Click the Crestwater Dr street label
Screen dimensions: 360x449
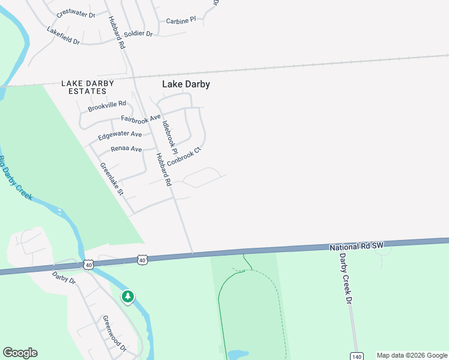click(76, 14)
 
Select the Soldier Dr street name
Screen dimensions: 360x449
click(139, 34)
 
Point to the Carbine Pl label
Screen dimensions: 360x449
click(181, 20)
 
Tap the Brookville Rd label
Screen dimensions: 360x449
click(107, 106)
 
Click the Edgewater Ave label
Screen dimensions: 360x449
click(120, 134)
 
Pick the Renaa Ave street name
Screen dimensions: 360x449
click(126, 149)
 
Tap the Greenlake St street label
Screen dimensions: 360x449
click(112, 179)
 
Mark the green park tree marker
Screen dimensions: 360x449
click(127, 296)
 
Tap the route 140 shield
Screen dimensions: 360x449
click(358, 356)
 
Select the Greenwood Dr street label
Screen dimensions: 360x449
click(114, 333)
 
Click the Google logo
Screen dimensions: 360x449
click(20, 353)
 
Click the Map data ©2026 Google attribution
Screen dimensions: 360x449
click(412, 355)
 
